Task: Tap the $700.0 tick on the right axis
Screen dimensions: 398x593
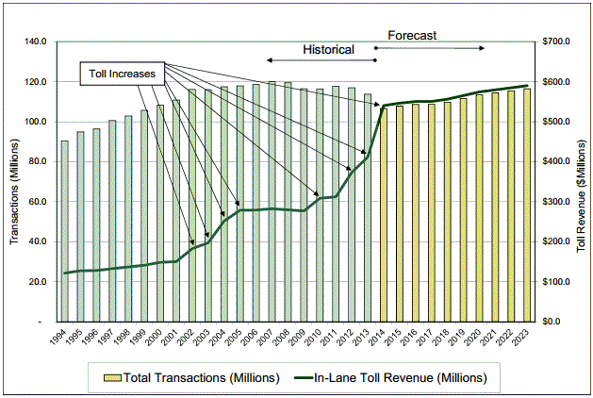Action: point(554,42)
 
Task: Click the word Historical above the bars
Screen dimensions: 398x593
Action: point(328,49)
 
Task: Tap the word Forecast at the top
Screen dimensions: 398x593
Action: point(412,35)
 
